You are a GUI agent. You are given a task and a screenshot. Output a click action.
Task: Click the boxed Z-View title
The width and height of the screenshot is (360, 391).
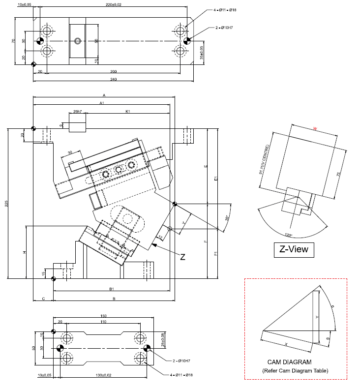click(x=294, y=249)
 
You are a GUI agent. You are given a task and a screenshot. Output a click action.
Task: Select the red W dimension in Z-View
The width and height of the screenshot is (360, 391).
click(x=315, y=129)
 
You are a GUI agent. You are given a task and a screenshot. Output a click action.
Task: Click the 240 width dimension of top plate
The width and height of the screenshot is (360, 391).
click(x=113, y=79)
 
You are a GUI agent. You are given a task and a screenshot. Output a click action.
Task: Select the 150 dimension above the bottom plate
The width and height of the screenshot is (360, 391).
click(x=103, y=316)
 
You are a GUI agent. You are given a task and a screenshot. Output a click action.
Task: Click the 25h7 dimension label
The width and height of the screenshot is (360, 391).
click(x=77, y=112)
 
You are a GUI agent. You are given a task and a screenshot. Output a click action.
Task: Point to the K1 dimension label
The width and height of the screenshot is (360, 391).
click(x=128, y=112)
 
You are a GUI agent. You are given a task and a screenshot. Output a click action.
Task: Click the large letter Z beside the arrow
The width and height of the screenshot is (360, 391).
click(x=182, y=256)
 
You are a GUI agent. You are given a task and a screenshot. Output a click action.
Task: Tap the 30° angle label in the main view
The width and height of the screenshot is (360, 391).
click(x=227, y=217)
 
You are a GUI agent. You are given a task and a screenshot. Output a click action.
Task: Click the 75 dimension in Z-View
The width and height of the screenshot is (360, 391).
click(x=338, y=174)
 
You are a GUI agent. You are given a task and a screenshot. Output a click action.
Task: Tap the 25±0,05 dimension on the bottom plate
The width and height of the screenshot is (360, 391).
click(x=162, y=339)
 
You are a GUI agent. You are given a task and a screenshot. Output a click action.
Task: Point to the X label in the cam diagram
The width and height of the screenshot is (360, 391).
click(x=285, y=343)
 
